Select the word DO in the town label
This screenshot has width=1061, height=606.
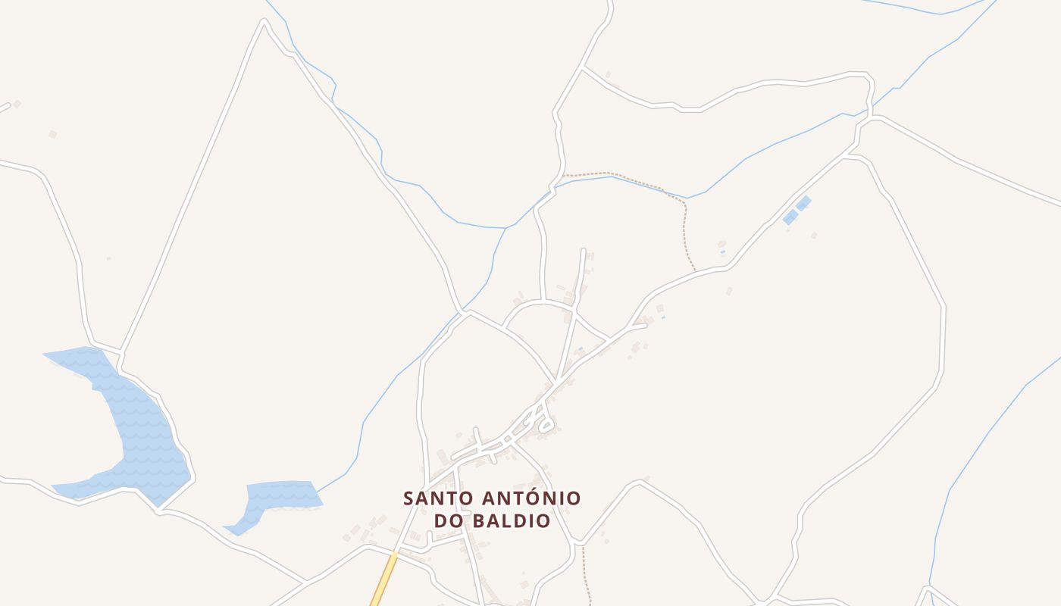point(449,521)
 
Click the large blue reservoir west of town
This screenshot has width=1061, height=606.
point(136,424)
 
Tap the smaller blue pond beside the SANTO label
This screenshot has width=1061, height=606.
point(284,494)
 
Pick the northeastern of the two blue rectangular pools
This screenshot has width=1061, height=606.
point(803,203)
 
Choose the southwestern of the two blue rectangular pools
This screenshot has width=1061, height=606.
point(790,217)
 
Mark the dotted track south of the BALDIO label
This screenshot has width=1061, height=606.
point(585,576)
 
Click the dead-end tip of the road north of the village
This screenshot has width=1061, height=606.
point(583,250)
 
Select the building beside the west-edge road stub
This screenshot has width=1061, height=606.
point(17,104)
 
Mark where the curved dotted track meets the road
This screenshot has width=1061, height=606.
point(695,270)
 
